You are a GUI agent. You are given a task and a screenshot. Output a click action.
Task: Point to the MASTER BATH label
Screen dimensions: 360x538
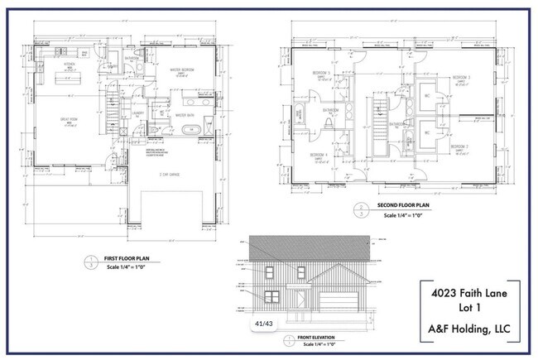(185, 116)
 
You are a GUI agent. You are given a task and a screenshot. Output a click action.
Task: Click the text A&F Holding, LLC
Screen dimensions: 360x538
(469, 332)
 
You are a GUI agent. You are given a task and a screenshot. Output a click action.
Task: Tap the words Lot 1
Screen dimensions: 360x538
(469, 310)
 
